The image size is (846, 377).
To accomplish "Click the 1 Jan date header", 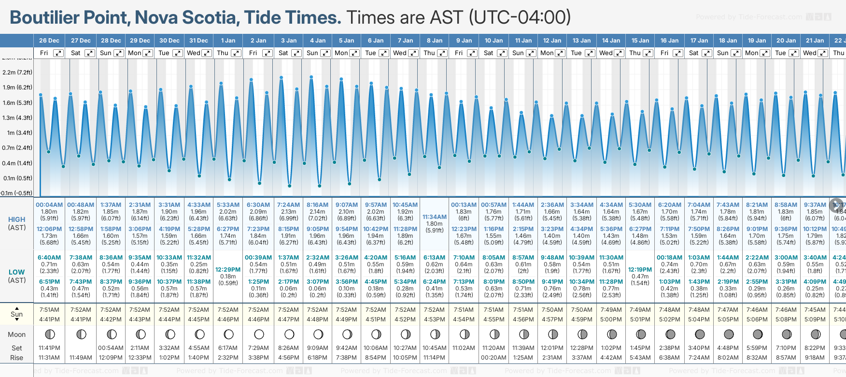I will click(228, 41).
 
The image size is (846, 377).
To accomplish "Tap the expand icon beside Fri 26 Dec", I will click(58, 53).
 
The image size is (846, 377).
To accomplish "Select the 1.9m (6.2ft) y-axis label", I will click(17, 87).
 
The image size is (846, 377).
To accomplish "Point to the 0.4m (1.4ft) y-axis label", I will click(17, 163).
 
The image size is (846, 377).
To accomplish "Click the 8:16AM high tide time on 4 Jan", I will click(317, 205).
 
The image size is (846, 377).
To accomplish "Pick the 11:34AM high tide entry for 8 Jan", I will click(435, 217).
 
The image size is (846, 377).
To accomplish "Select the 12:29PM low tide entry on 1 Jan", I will click(228, 270).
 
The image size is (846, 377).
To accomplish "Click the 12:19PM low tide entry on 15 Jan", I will click(640, 270).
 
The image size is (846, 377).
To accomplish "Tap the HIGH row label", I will click(17, 219).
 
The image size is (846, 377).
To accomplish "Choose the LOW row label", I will click(17, 272).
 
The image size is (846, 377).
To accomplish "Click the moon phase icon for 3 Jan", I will click(289, 334).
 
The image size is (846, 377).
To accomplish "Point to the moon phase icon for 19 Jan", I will click(758, 334).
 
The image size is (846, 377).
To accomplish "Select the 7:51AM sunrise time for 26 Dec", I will click(49, 310).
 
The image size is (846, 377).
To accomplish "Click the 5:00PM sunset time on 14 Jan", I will click(611, 319).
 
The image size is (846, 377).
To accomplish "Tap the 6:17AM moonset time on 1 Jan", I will click(228, 348).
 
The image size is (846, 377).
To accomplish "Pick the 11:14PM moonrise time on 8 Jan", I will click(434, 358).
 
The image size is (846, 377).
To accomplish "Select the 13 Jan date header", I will click(582, 41).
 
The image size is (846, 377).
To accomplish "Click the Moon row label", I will click(17, 334).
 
